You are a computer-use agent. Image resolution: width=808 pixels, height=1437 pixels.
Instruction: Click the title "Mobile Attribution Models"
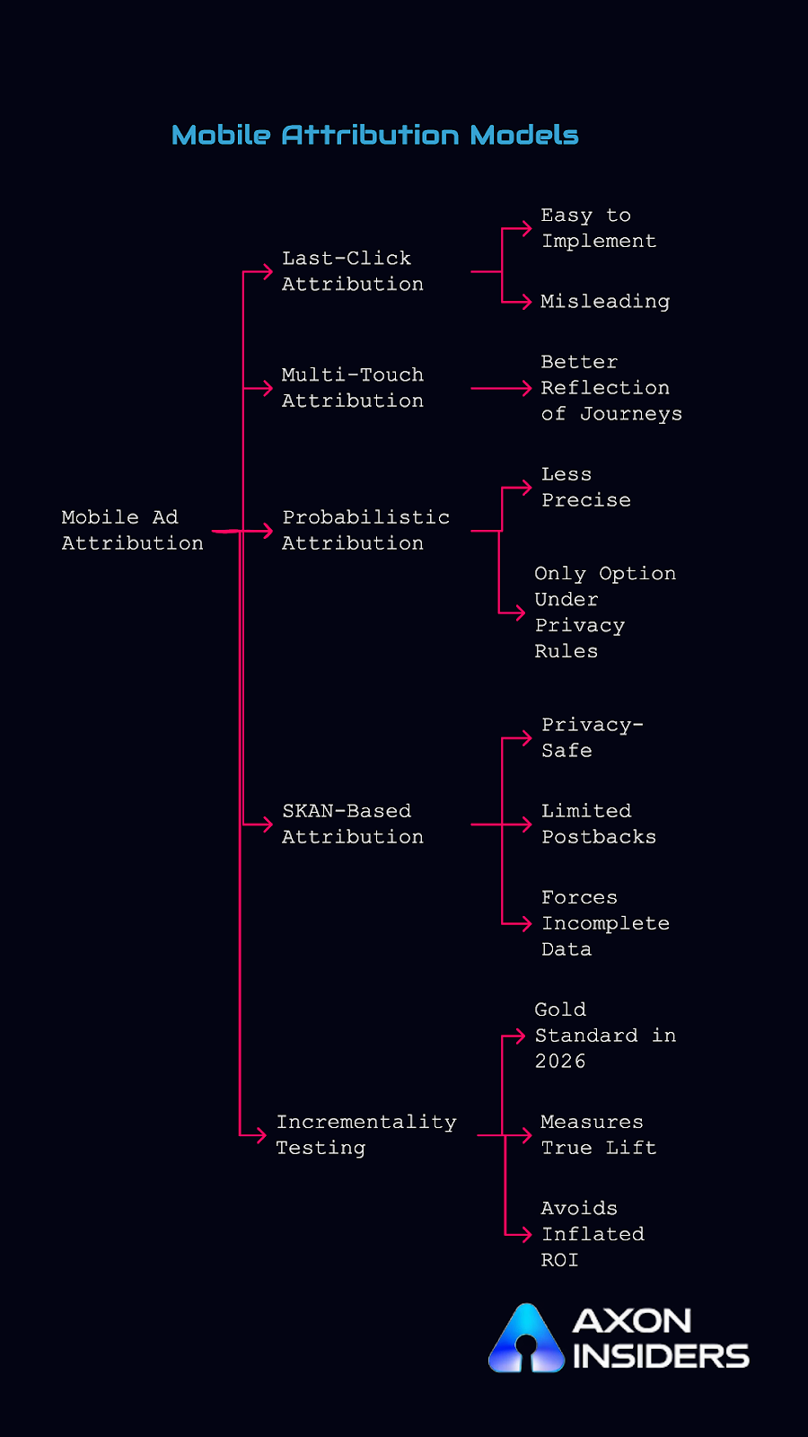tap(374, 135)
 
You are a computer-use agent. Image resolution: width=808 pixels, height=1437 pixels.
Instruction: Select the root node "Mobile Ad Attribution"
tap(132, 530)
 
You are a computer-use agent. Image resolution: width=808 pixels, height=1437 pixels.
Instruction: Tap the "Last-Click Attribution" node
tap(352, 271)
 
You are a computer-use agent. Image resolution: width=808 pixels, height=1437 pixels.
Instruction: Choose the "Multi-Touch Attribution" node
tap(352, 388)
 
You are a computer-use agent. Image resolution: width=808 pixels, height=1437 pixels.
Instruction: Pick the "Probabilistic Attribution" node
tap(365, 530)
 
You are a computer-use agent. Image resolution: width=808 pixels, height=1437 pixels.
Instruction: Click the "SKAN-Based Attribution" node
tap(352, 824)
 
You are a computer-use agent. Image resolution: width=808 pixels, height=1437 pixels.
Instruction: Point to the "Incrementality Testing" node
tap(365, 1134)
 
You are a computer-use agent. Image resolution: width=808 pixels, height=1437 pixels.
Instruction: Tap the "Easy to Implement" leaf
tap(598, 228)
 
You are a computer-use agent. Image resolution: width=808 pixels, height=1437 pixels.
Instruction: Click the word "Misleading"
tap(605, 302)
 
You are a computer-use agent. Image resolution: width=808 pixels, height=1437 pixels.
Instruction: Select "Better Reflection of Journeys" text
tap(610, 388)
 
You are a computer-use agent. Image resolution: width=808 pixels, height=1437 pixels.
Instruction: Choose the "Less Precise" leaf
tap(585, 487)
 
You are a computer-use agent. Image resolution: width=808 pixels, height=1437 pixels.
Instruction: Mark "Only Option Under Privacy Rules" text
tap(604, 612)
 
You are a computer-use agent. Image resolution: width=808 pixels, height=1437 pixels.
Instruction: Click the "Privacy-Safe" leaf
tap(591, 737)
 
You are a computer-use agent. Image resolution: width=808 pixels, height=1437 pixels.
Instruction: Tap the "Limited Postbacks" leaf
tap(598, 824)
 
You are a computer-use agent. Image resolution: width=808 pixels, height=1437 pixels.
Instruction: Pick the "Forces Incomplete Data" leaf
tap(604, 923)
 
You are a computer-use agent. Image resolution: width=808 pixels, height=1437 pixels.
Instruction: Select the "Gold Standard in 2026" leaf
tap(604, 1036)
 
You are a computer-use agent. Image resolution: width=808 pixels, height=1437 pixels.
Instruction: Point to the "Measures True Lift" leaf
tap(598, 1134)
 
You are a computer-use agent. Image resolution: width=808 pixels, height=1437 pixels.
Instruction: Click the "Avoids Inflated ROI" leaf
tap(592, 1234)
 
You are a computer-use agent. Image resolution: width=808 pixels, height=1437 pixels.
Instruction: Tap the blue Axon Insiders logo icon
tap(526, 1339)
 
